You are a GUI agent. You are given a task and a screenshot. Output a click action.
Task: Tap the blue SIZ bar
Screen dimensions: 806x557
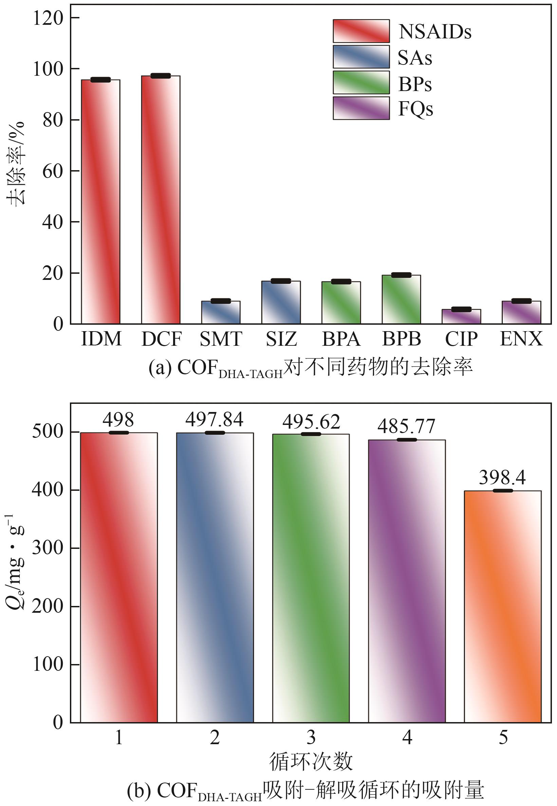tap(281, 302)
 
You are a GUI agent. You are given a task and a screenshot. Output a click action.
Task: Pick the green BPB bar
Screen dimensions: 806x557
tap(401, 299)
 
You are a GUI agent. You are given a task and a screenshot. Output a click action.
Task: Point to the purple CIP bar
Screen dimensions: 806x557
tap(461, 317)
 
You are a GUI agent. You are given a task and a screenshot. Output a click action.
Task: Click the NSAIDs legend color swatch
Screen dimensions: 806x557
tap(361, 31)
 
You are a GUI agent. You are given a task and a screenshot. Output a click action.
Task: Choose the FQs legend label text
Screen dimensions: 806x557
tap(415, 109)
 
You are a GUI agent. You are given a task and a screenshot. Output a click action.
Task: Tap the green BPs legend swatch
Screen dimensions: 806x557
tap(361, 83)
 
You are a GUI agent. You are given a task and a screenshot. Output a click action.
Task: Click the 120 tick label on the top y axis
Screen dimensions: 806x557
tap(48, 18)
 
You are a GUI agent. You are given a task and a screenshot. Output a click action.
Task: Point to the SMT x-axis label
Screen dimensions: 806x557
tap(221, 339)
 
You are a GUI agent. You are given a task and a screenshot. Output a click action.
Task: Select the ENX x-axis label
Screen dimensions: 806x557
tap(521, 339)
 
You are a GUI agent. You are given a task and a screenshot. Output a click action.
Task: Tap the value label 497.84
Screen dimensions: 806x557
tap(214, 419)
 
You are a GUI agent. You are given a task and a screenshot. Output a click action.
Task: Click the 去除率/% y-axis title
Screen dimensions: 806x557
tap(16, 163)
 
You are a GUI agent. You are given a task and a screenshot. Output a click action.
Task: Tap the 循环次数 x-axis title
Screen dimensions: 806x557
tap(311, 762)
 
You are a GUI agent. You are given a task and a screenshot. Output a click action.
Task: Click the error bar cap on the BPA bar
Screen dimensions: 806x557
tap(341, 282)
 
